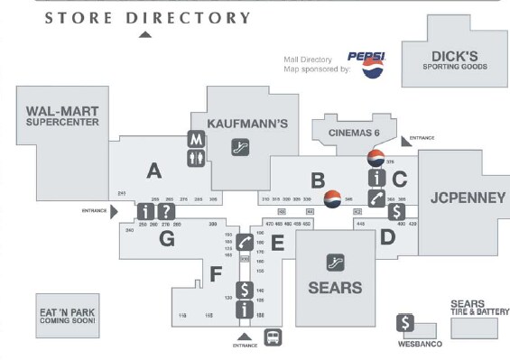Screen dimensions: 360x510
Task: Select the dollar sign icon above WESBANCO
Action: click(407, 323)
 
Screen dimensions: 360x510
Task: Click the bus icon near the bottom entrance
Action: click(271, 337)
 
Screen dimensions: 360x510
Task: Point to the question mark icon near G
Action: click(165, 211)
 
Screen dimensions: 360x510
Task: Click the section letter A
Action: click(154, 169)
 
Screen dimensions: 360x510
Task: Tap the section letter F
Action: click(215, 272)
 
